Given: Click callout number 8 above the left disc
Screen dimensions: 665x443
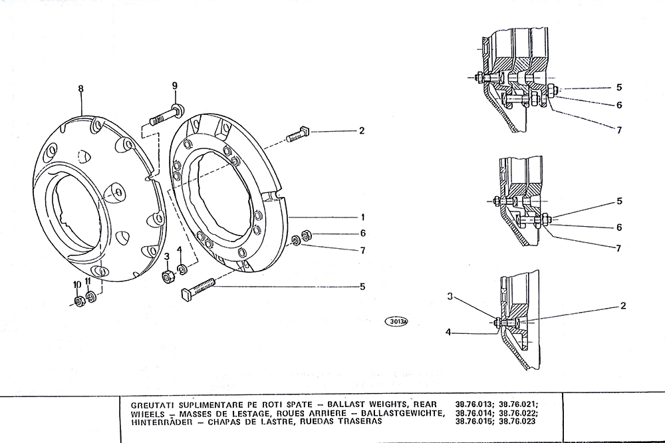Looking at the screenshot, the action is [x=80, y=88].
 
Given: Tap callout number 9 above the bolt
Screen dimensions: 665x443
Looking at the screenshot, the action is [x=175, y=86].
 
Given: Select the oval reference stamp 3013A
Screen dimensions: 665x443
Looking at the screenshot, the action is [x=396, y=321].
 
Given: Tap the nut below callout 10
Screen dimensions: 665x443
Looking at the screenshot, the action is [x=79, y=302].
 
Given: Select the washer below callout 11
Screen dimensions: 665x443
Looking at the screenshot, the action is [x=90, y=297].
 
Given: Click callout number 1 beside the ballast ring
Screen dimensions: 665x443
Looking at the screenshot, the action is [x=362, y=218].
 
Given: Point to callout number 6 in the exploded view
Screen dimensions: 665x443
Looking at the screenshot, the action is [x=362, y=233].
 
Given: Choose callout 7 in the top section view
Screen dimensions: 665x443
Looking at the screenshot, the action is [x=619, y=130].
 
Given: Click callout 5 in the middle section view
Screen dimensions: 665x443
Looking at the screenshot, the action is [x=619, y=201].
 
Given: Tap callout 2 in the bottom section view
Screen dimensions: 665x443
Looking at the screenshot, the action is [x=623, y=305].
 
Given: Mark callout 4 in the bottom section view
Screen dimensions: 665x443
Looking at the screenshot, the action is [x=448, y=333].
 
